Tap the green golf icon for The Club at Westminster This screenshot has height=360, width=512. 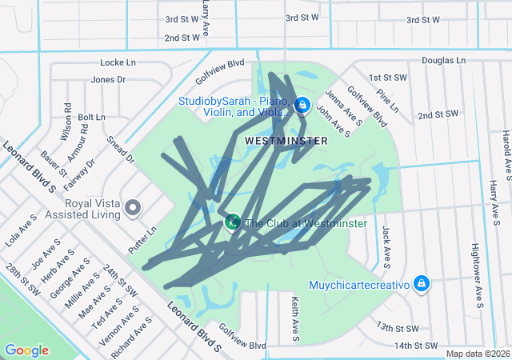(x=232, y=222)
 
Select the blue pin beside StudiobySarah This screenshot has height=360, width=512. (x=302, y=105)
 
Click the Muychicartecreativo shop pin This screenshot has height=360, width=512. (x=422, y=283)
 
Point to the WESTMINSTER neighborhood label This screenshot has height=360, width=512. (x=286, y=140)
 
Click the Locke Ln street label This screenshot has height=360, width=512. (x=118, y=62)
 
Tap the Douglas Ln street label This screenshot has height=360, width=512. (x=443, y=60)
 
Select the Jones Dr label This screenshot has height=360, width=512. (x=109, y=79)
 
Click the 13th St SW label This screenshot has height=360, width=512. (x=398, y=328)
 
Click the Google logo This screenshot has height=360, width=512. (x=26, y=350)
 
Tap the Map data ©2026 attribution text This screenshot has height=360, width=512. (x=478, y=354)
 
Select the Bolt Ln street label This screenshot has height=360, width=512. (x=91, y=117)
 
